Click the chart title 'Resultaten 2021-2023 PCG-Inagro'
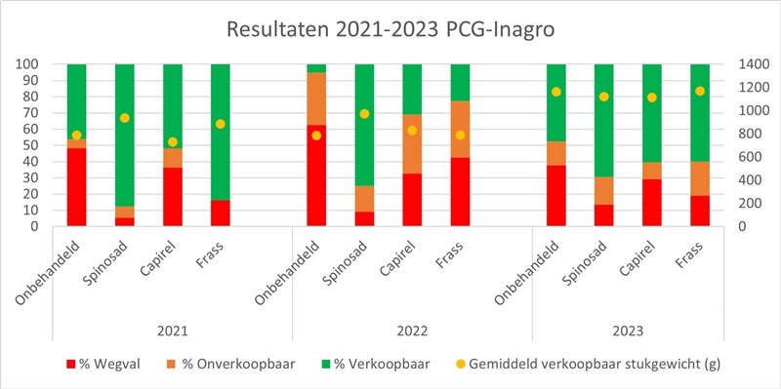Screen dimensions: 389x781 [x=390, y=29]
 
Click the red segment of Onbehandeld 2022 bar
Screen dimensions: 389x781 [x=316, y=175]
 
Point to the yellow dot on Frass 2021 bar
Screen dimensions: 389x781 [x=221, y=124]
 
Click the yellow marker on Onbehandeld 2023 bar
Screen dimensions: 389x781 [x=556, y=92]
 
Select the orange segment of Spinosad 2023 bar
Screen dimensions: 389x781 [x=604, y=191]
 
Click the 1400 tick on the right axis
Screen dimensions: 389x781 [x=739, y=64]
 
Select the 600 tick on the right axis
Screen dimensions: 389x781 [x=736, y=157]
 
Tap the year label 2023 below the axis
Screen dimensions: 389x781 [x=628, y=330]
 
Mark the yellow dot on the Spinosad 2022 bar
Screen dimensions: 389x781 [x=364, y=114]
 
